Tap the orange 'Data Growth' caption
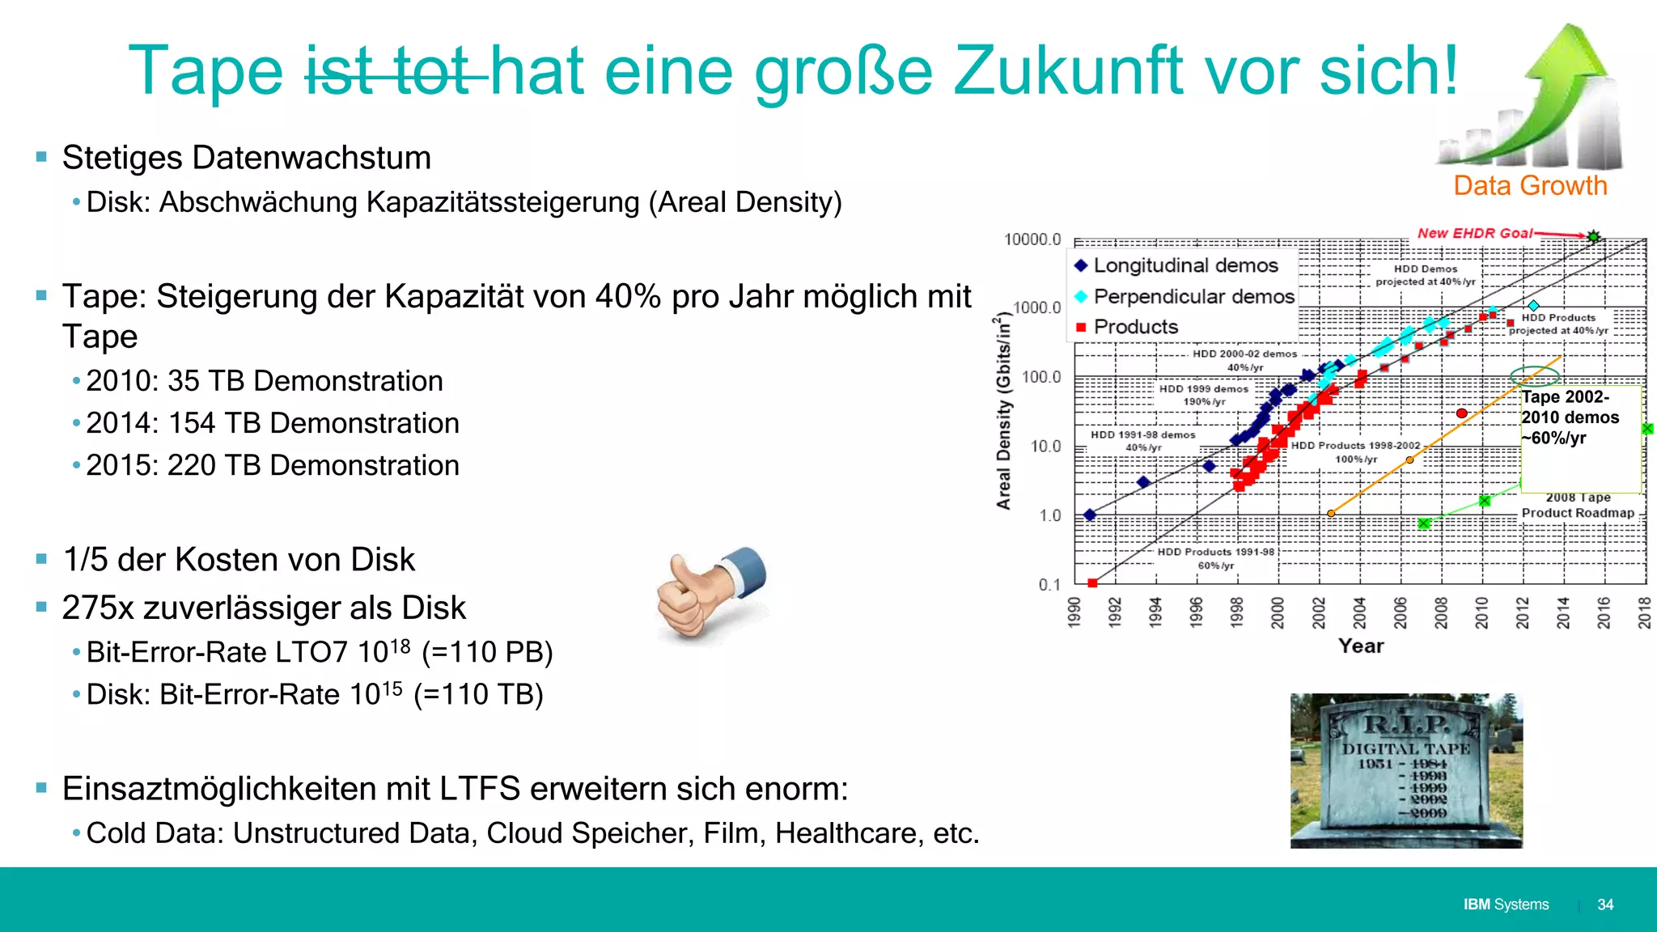click(1529, 186)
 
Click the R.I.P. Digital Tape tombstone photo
click(1406, 770)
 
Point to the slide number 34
click(1605, 904)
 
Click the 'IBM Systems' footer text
click(1506, 904)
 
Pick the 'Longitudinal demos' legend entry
click(1185, 265)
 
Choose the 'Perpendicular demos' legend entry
click(1193, 297)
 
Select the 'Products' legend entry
click(1135, 327)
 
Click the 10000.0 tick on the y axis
click(1032, 239)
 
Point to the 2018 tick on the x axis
click(1644, 612)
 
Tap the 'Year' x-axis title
click(1361, 646)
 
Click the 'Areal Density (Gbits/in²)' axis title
click(1004, 413)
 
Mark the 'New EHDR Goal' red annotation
click(1474, 233)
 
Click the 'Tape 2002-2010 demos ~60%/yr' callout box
click(1580, 438)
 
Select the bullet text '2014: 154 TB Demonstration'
click(273, 423)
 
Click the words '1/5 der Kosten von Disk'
click(239, 560)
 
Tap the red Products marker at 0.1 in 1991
click(1092, 583)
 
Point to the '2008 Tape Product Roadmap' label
click(1578, 506)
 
